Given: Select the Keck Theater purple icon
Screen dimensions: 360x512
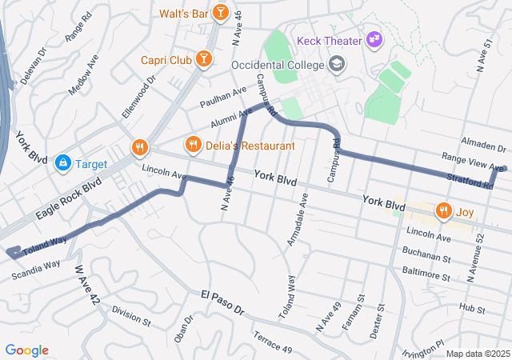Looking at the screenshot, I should click(x=374, y=39).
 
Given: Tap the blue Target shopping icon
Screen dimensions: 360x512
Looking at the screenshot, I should click(x=62, y=163).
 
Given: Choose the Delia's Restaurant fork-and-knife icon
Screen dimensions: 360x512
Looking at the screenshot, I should click(x=193, y=145).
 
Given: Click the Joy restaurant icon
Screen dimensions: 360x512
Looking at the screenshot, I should click(x=443, y=211).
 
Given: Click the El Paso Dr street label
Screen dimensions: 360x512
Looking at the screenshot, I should click(x=222, y=305).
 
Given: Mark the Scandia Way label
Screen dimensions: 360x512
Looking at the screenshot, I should click(x=36, y=270).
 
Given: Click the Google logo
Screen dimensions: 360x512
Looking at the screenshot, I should click(x=26, y=350).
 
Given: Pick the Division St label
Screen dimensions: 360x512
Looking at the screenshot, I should click(x=130, y=316).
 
